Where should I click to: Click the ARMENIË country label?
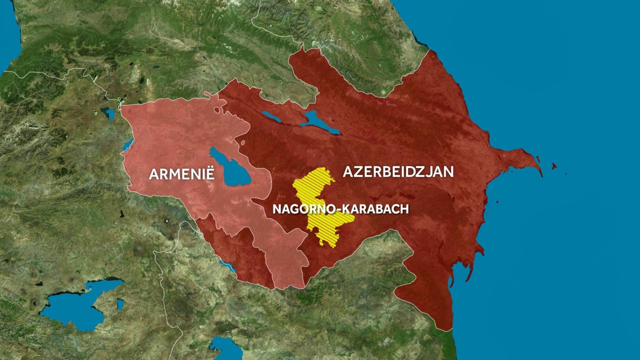click(182, 174)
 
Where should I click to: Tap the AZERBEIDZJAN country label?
click(398, 172)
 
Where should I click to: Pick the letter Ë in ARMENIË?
click(210, 174)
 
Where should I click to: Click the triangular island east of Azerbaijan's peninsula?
click(554, 166)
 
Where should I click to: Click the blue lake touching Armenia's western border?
click(127, 145)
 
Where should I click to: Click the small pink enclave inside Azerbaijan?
click(242, 142)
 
